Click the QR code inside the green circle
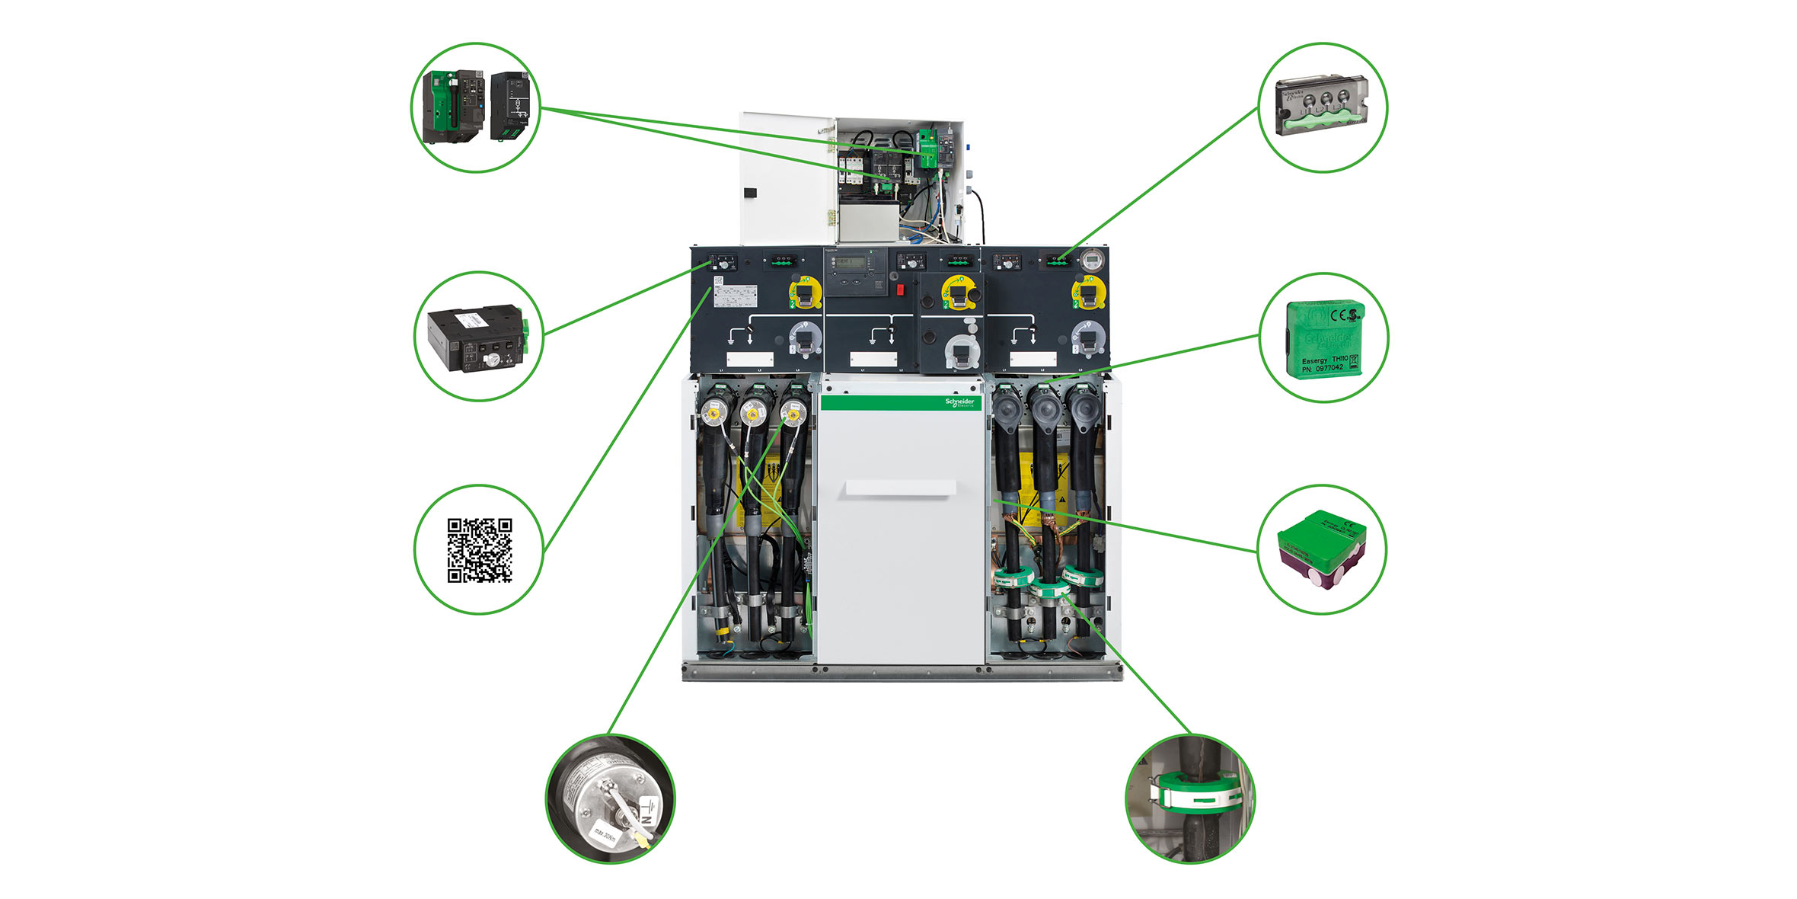coord(479,550)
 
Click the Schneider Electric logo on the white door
coord(959,402)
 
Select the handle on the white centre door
coord(900,488)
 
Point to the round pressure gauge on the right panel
coord(1091,260)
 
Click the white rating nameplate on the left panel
coord(735,295)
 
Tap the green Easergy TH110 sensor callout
coord(1324,338)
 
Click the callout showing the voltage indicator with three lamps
coord(1323,107)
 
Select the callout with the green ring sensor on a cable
coord(1189,798)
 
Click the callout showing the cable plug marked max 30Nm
coord(610,798)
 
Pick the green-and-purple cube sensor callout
coord(1322,549)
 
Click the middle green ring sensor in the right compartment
coord(1049,587)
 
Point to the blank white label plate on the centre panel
coord(873,359)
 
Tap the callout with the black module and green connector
coord(478,338)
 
